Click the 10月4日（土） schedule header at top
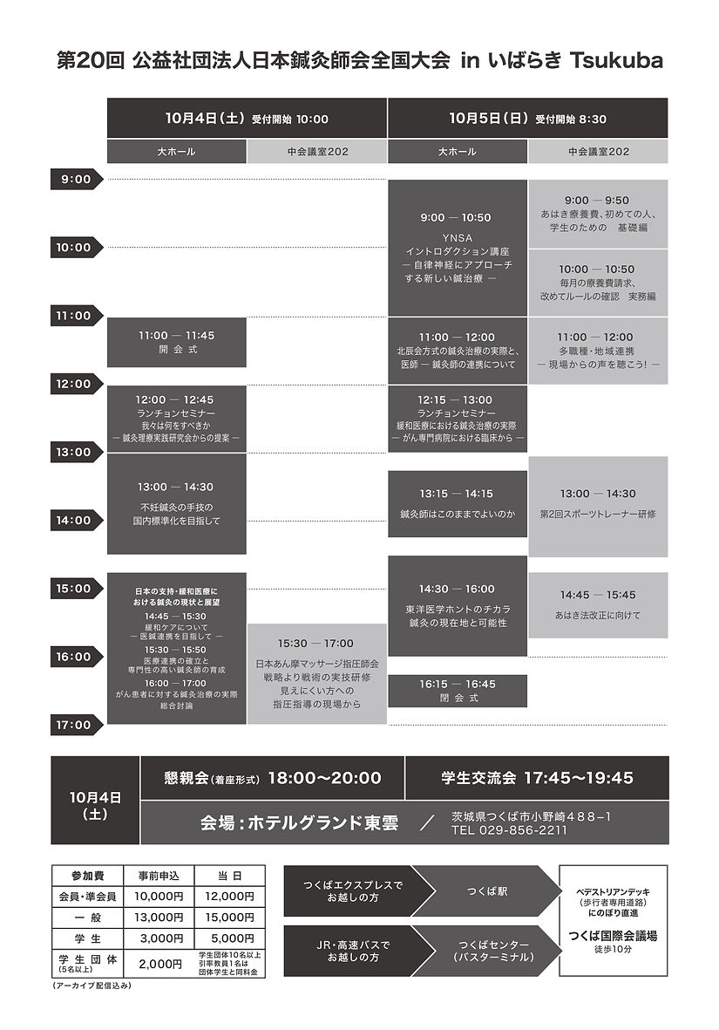click(247, 118)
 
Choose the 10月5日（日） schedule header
click(527, 118)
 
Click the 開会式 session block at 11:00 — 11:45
click(176, 342)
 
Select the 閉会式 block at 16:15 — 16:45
click(457, 691)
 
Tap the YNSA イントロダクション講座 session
click(457, 248)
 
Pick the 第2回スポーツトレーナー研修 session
click(597, 506)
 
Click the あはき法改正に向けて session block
click(597, 604)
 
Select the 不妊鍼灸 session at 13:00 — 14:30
click(176, 503)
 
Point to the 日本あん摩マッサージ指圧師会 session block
click(316, 673)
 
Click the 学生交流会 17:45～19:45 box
click(537, 778)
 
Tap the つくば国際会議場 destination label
click(613, 936)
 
